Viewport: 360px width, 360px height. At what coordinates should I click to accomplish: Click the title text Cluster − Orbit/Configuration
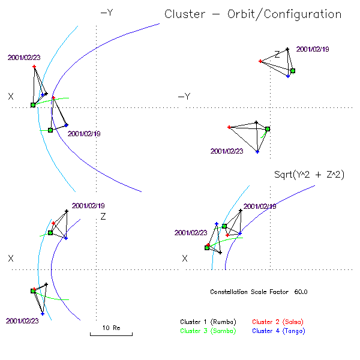(253, 14)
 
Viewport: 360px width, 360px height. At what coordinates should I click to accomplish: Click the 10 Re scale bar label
(112, 328)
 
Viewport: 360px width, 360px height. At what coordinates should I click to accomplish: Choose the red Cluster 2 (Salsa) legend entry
(278, 322)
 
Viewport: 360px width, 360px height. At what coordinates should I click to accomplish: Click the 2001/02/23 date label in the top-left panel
(23, 58)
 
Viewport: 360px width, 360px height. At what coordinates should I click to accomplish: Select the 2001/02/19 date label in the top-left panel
(85, 134)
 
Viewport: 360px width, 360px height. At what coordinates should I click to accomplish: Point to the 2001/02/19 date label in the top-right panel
(313, 49)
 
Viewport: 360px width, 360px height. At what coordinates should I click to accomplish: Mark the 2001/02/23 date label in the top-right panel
(227, 151)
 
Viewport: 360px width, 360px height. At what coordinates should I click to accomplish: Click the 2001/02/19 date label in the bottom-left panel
(88, 205)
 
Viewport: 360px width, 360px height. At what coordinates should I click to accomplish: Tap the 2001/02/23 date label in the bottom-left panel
(22, 321)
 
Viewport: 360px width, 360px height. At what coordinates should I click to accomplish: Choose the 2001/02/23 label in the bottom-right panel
(191, 233)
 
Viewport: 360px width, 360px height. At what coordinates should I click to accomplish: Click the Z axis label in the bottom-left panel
(103, 216)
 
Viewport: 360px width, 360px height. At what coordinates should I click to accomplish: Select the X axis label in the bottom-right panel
(185, 258)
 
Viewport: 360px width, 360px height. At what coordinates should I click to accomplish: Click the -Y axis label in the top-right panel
(184, 97)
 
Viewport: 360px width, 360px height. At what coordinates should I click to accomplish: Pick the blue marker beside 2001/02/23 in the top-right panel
(257, 152)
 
